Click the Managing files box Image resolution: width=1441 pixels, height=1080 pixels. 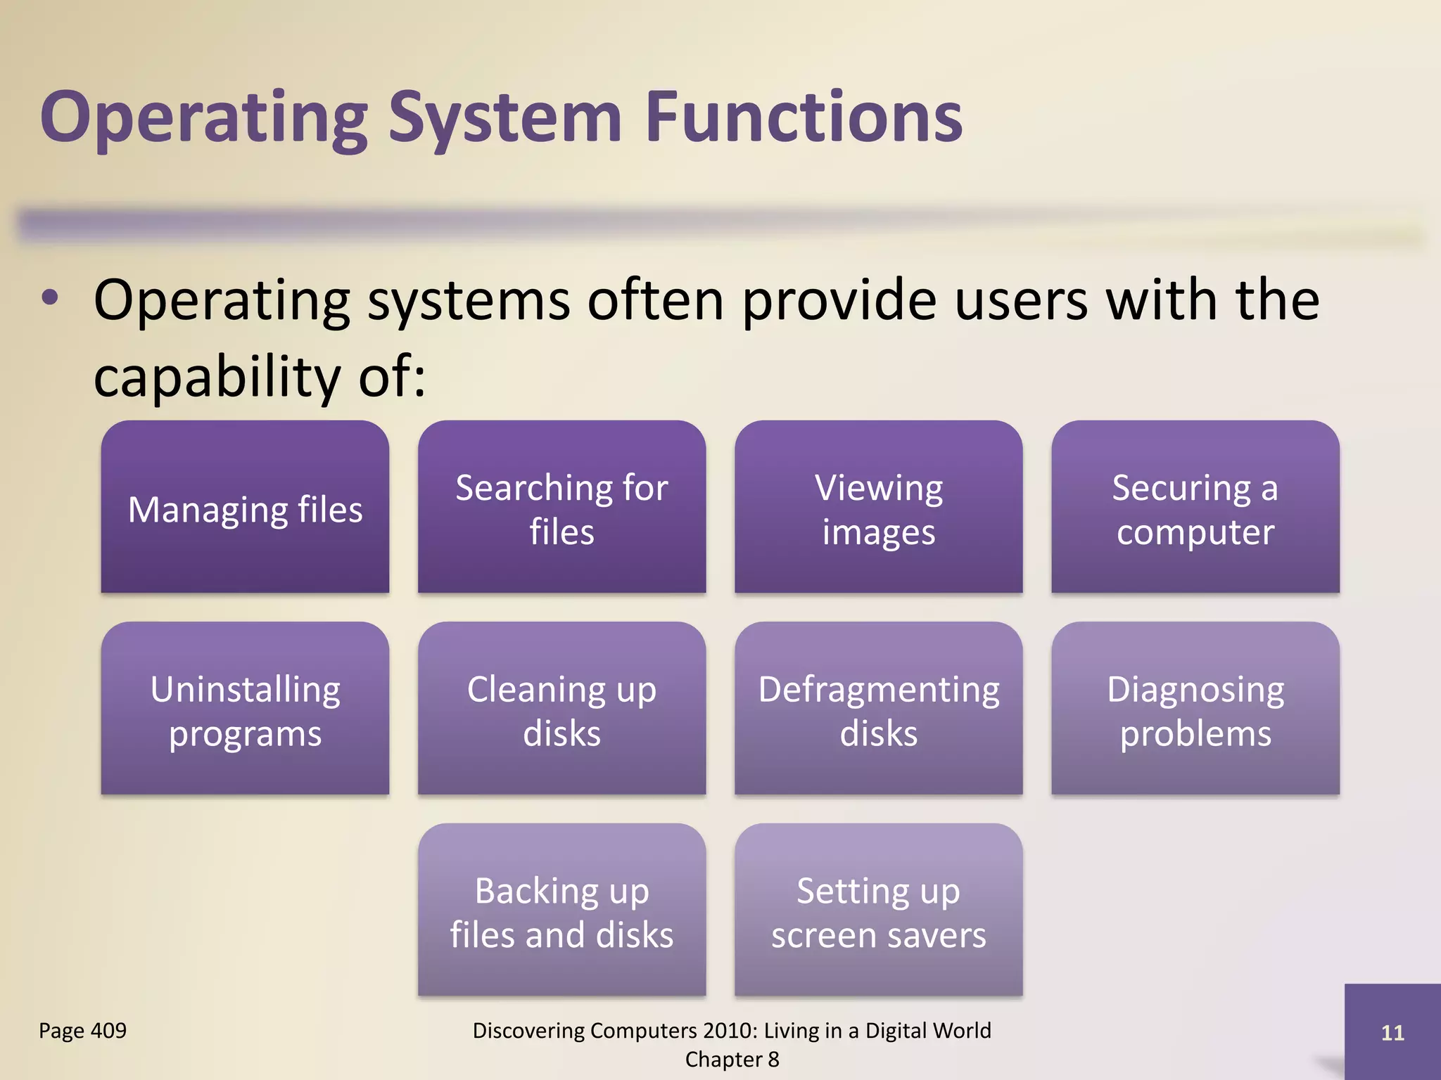pyautogui.click(x=245, y=508)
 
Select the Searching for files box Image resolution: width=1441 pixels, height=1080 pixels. pyautogui.click(x=561, y=508)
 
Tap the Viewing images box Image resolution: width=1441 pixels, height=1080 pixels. pyautogui.click(x=878, y=508)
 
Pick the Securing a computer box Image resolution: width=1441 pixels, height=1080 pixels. pyautogui.click(x=1195, y=508)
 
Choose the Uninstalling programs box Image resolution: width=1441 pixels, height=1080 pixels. pyautogui.click(x=245, y=709)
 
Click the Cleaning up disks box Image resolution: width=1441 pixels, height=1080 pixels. pyautogui.click(x=561, y=709)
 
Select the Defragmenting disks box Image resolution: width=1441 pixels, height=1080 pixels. pyautogui.click(x=878, y=709)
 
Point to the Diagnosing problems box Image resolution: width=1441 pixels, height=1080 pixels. pyautogui.click(x=1195, y=709)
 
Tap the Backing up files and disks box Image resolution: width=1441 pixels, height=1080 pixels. pyautogui.click(x=561, y=911)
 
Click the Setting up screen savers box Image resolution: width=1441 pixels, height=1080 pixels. pyautogui.click(x=878, y=911)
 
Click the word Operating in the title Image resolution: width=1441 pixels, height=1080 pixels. pyautogui.click(x=204, y=118)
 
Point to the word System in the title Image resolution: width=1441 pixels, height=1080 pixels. pyautogui.click(x=505, y=118)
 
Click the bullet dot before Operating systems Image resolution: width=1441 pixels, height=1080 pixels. pyautogui.click(x=50, y=298)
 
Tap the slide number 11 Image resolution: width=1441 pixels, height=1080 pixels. pyautogui.click(x=1392, y=1032)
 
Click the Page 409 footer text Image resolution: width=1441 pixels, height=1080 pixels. pyautogui.click(x=82, y=1030)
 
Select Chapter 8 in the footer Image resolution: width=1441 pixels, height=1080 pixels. pyautogui.click(x=732, y=1059)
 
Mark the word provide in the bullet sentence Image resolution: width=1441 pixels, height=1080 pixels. pyautogui.click(x=839, y=301)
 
